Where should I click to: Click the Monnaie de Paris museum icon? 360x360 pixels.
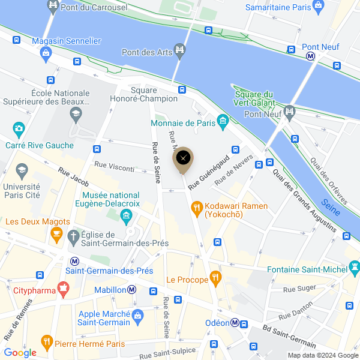pos(223,122)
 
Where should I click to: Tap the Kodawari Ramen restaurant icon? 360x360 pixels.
pos(196,208)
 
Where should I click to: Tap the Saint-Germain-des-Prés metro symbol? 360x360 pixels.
pos(74,262)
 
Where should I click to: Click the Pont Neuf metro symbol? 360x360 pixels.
pos(311,56)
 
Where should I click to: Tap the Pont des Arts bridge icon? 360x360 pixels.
pos(179,48)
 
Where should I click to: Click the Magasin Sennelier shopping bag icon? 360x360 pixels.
pos(46,53)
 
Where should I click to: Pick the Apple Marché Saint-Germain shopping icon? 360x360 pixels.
pos(138,314)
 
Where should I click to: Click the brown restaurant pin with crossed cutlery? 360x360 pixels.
pos(183,158)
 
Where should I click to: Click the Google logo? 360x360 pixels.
pos(20,352)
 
